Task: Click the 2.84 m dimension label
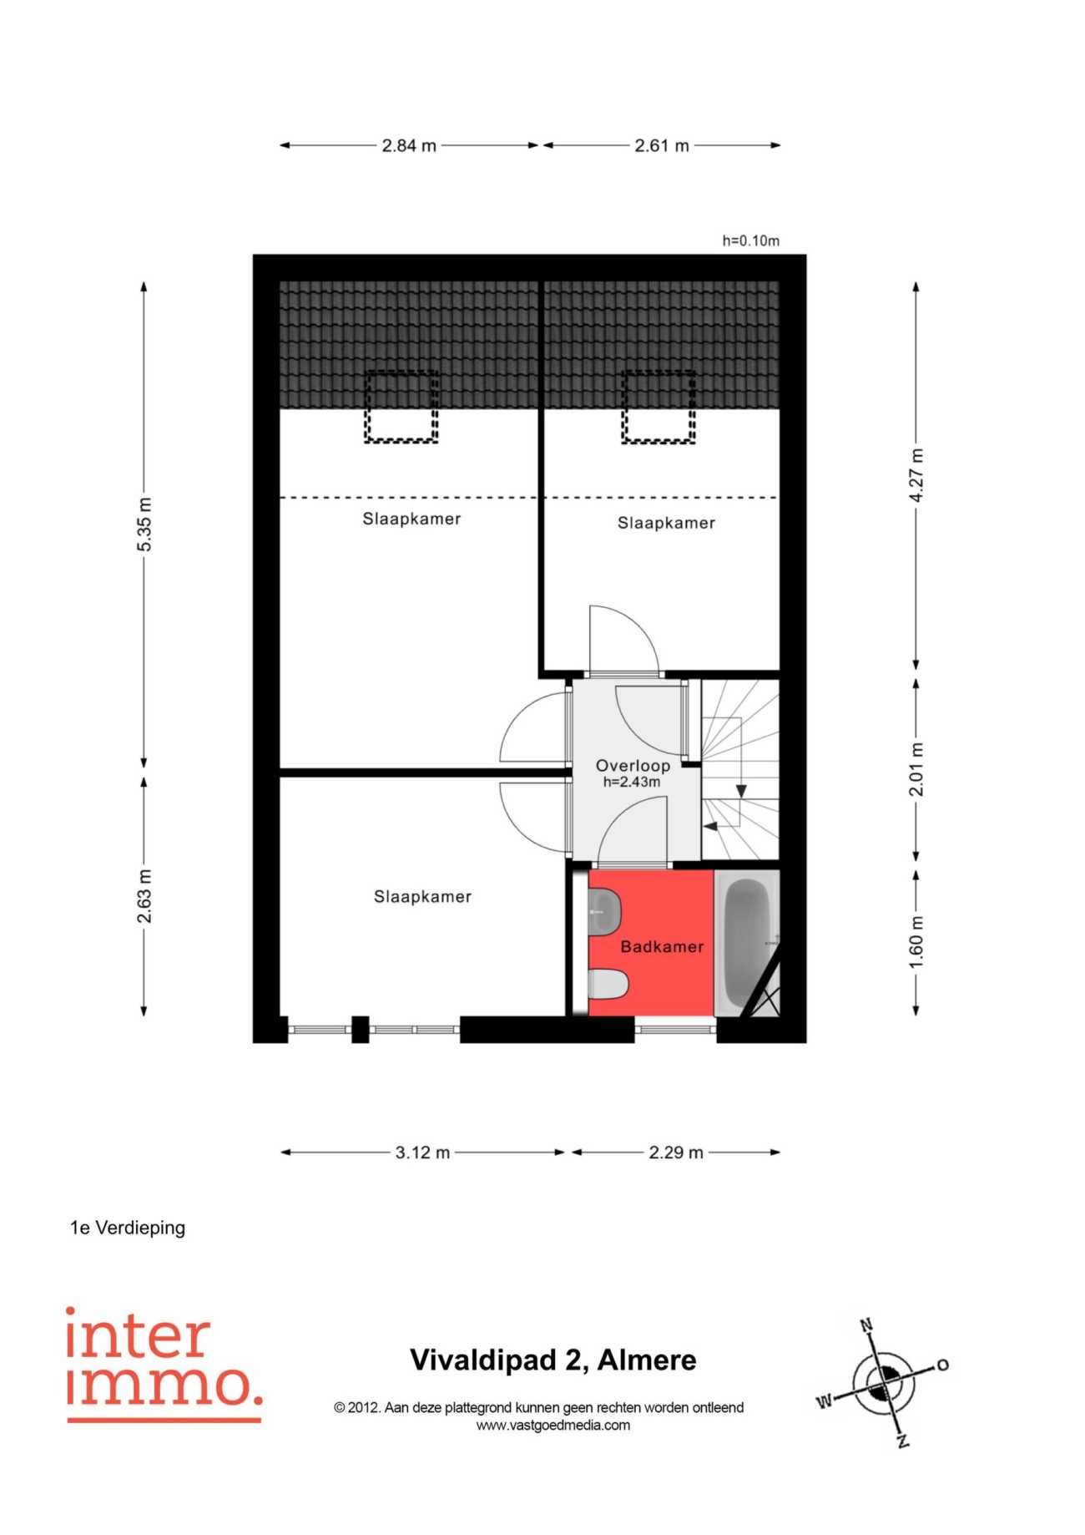pos(409,145)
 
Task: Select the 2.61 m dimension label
pos(662,145)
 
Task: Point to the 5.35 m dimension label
pos(144,524)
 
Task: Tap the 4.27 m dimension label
pos(916,475)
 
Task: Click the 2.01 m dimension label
pos(916,769)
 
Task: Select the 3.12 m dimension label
pos(422,1153)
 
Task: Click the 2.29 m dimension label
pos(676,1153)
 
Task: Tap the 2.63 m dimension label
pos(144,896)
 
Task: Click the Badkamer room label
pos(662,947)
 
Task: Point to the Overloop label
pos(633,766)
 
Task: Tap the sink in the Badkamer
pos(604,911)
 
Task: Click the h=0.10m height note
pos(750,241)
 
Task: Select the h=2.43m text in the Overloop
pos(632,783)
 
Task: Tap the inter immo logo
pos(164,1363)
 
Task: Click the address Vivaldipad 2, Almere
pos(553,1360)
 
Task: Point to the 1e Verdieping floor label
pos(128,1228)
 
